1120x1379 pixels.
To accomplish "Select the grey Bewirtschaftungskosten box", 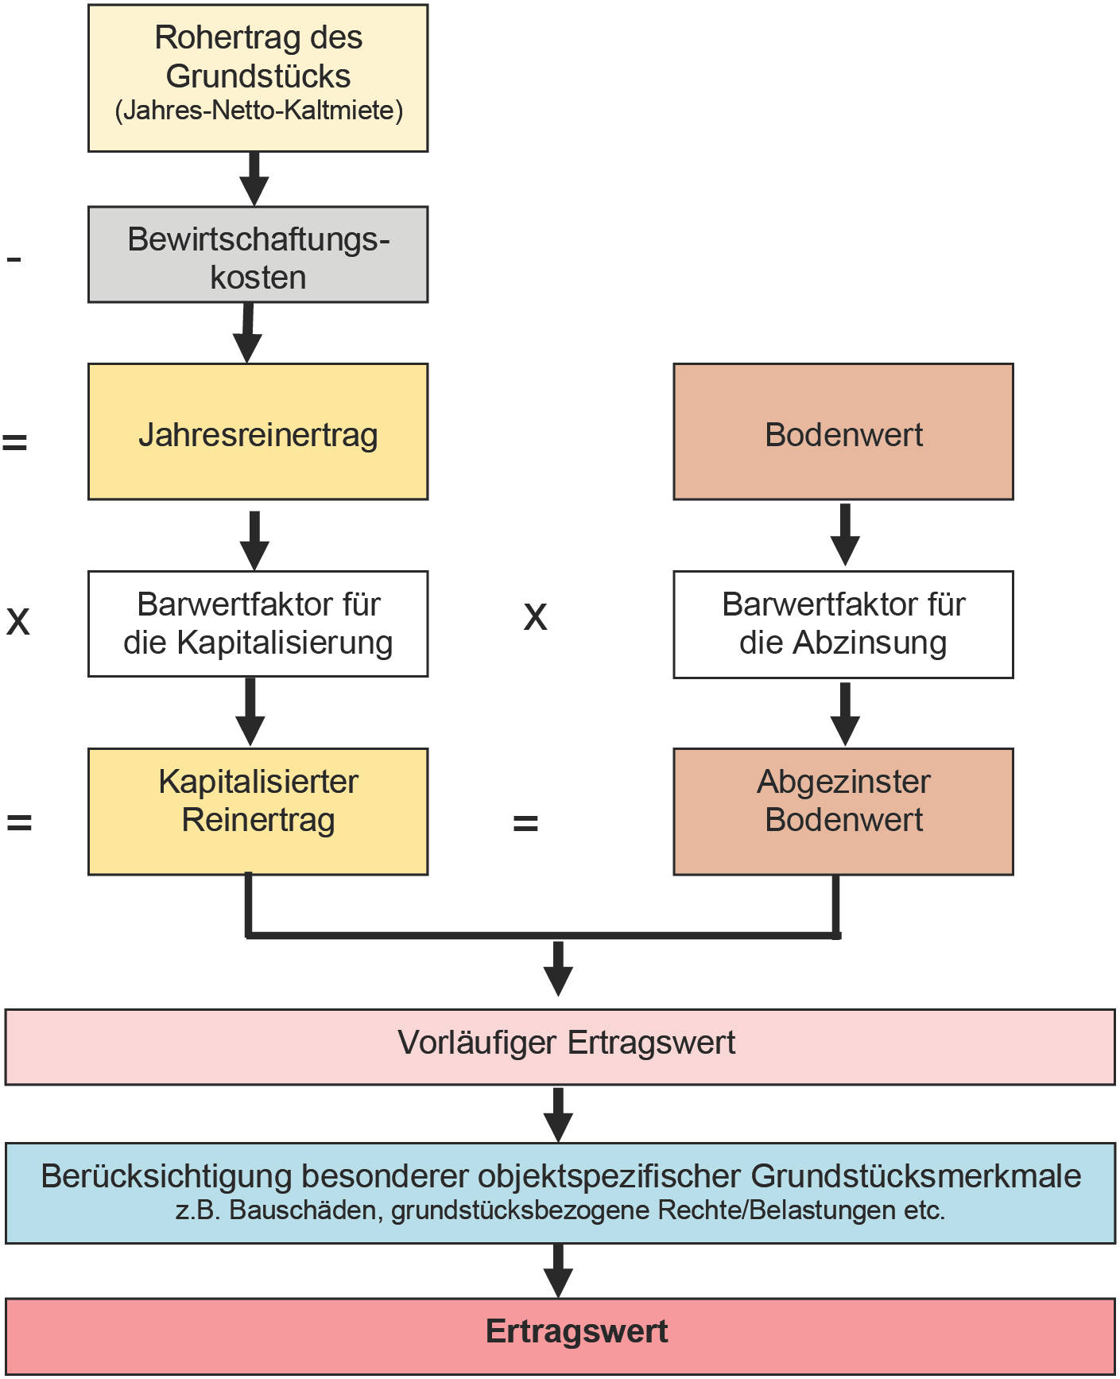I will [258, 255].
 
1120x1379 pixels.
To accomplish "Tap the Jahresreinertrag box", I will [258, 433].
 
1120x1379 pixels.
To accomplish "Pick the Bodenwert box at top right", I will [843, 433].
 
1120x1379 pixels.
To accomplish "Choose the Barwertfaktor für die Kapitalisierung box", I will [258, 623].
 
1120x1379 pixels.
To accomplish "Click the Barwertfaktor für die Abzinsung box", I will [843, 623].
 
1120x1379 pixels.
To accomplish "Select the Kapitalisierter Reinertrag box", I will [258, 810].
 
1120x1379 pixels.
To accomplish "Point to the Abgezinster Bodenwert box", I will [843, 810].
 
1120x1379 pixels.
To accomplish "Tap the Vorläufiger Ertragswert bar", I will [560, 1046].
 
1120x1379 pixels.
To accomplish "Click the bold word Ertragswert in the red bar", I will [576, 1331].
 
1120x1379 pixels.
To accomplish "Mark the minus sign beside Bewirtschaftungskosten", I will [14, 258].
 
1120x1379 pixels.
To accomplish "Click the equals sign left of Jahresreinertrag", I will [14, 441].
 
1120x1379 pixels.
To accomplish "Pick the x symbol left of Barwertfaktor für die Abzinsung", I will [535, 616].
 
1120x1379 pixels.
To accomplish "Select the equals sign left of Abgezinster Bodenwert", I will [525, 822].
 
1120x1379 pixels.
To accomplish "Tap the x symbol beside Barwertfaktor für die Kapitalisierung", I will [17, 620].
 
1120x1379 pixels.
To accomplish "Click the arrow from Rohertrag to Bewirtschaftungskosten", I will [254, 179].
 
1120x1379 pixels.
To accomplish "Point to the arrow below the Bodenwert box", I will [844, 534].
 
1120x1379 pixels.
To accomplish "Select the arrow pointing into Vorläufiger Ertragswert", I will [558, 968].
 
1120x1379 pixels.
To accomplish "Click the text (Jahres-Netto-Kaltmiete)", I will [258, 110].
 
